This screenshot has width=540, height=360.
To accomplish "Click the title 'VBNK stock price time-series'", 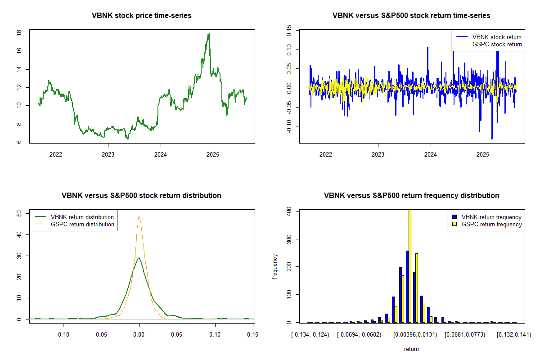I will pos(141,16).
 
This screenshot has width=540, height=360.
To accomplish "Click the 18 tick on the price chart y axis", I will pos(19,33).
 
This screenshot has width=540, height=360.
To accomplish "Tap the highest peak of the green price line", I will pos(209,34).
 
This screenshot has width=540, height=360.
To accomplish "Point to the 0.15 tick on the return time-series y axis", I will pos(289,32).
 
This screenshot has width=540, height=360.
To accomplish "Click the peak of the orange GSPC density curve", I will pos(139,216).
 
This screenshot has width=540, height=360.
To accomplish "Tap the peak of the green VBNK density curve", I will pos(139,258).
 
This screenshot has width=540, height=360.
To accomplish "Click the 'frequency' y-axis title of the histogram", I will pos(275,266).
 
